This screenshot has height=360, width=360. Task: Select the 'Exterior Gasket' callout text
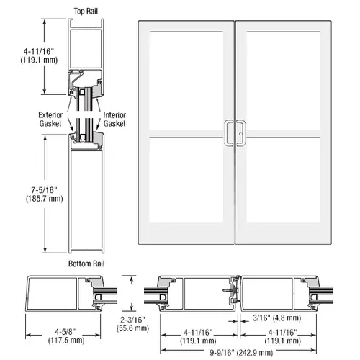[x=53, y=119]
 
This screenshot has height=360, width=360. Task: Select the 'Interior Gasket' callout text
[x=116, y=119]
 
